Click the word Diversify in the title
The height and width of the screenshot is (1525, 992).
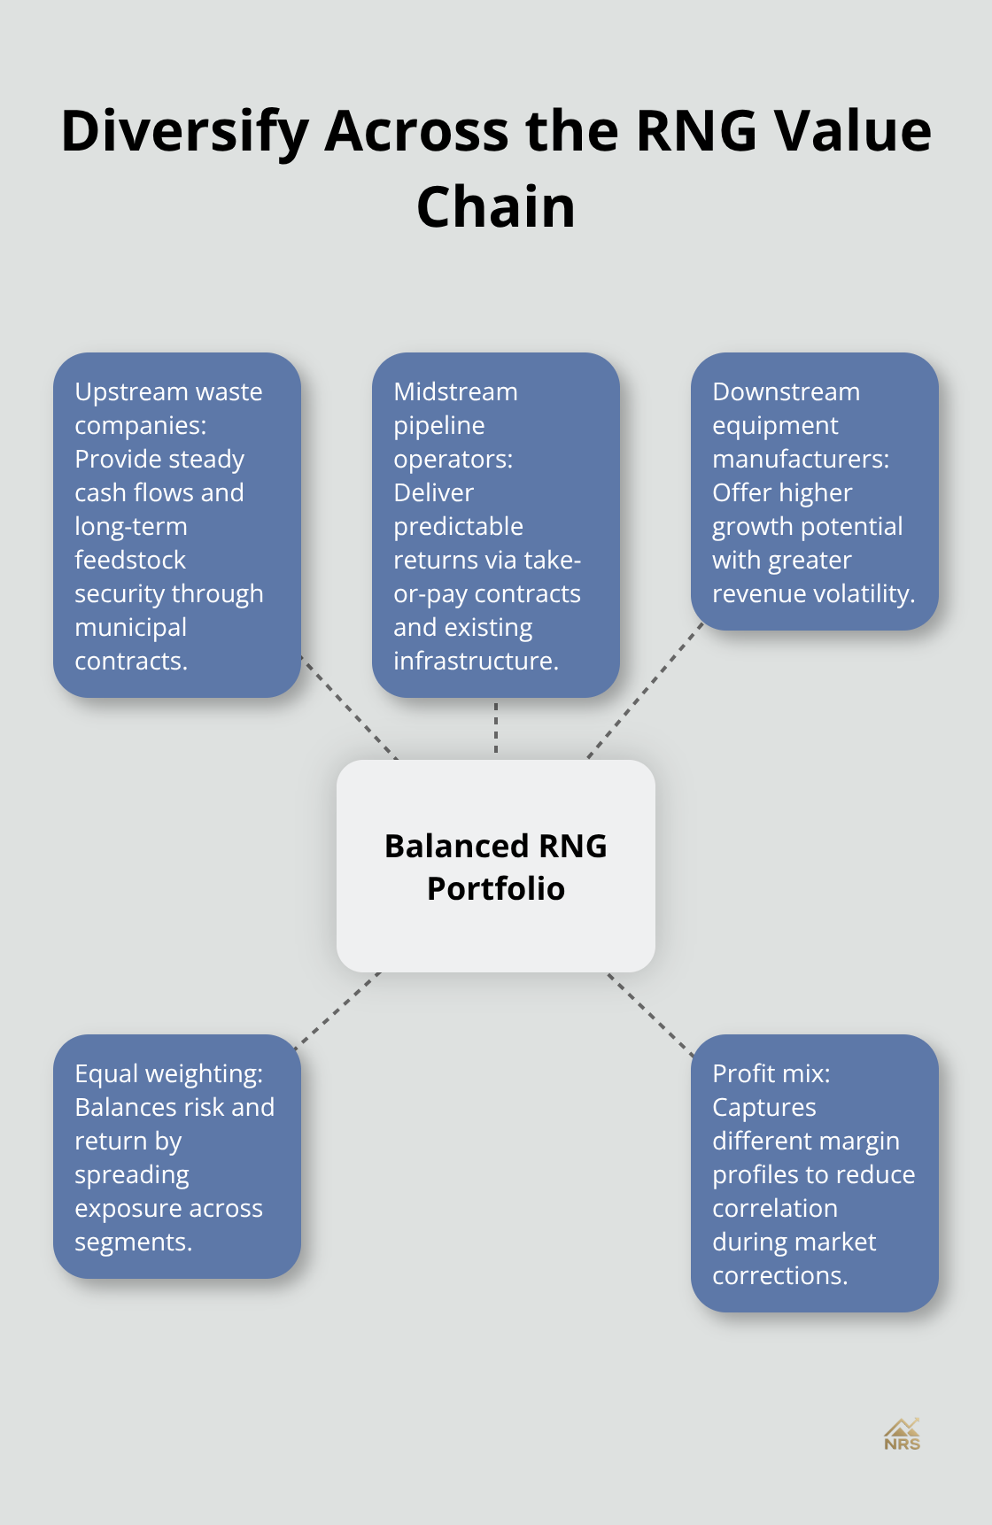(184, 131)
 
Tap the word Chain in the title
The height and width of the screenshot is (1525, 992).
(496, 207)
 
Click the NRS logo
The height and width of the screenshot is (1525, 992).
(902, 1434)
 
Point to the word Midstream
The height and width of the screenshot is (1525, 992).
(455, 391)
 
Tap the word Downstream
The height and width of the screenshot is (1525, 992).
(786, 391)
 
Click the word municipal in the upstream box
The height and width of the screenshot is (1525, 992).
(130, 627)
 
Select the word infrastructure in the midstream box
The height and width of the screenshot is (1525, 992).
(475, 661)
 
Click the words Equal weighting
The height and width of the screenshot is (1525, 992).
(168, 1073)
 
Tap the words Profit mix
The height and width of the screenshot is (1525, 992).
(771, 1073)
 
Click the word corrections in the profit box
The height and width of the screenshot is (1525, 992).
(779, 1275)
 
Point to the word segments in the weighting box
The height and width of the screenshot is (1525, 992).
(132, 1242)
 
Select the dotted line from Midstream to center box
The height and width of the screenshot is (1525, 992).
(496, 728)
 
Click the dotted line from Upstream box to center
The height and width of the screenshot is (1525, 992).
(350, 708)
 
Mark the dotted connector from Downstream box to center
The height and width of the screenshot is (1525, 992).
(645, 693)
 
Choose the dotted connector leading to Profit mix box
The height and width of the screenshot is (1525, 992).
(650, 1012)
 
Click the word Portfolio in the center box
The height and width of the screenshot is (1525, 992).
(496, 888)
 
